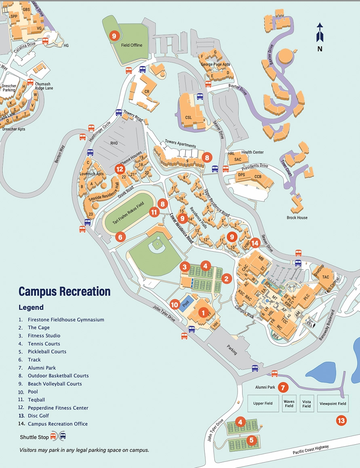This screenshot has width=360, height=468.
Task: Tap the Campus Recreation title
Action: tap(64, 291)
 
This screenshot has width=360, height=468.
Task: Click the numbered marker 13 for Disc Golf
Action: tap(341, 421)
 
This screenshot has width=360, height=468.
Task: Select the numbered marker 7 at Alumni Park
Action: tap(283, 387)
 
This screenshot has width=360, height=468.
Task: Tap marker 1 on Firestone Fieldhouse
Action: tap(203, 312)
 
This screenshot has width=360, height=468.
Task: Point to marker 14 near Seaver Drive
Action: tap(255, 243)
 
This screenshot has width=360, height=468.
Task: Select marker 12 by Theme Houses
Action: tap(120, 169)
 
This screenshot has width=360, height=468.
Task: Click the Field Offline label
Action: tap(132, 45)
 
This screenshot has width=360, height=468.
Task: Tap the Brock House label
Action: tap(297, 218)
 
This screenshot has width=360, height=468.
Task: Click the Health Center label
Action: tap(253, 152)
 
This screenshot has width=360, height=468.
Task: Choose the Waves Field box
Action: tap(289, 403)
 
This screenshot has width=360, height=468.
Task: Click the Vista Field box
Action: tap(307, 403)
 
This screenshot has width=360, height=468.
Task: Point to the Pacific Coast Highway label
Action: tap(311, 450)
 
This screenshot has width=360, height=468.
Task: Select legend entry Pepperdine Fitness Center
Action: tap(58, 408)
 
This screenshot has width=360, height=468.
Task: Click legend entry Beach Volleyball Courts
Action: tap(55, 384)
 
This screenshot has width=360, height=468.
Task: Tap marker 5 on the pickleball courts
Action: tap(251, 440)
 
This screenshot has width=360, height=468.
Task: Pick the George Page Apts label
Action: tap(215, 64)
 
